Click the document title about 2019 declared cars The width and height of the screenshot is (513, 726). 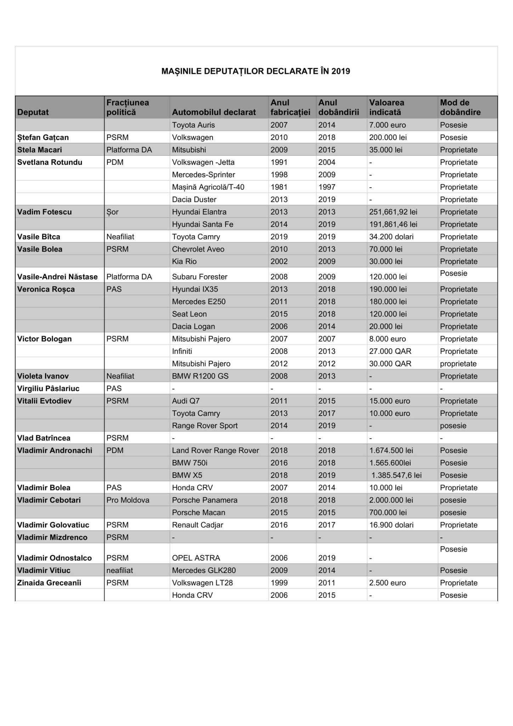(255, 71)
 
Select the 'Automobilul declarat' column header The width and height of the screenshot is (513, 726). (214, 112)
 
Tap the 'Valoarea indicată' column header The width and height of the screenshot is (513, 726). (387, 107)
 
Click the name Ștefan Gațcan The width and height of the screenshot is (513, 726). (43, 137)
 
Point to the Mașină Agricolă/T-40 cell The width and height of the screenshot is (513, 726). (208, 187)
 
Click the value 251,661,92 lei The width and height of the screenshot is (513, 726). (393, 212)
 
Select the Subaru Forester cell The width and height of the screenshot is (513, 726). (199, 277)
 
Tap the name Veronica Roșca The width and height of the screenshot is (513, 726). (46, 289)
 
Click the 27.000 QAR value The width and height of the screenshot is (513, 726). (390, 351)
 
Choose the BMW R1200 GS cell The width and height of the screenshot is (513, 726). (200, 376)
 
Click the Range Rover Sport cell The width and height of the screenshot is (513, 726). (204, 426)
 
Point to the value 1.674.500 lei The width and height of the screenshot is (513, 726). (391, 450)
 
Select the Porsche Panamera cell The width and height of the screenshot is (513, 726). (204, 500)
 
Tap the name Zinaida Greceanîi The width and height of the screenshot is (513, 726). (49, 583)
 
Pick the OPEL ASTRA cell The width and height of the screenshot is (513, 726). (196, 558)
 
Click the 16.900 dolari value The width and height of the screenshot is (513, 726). (391, 525)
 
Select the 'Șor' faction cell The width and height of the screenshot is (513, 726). (112, 212)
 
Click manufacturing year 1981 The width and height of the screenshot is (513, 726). (279, 187)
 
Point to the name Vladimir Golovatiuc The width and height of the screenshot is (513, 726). (53, 525)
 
